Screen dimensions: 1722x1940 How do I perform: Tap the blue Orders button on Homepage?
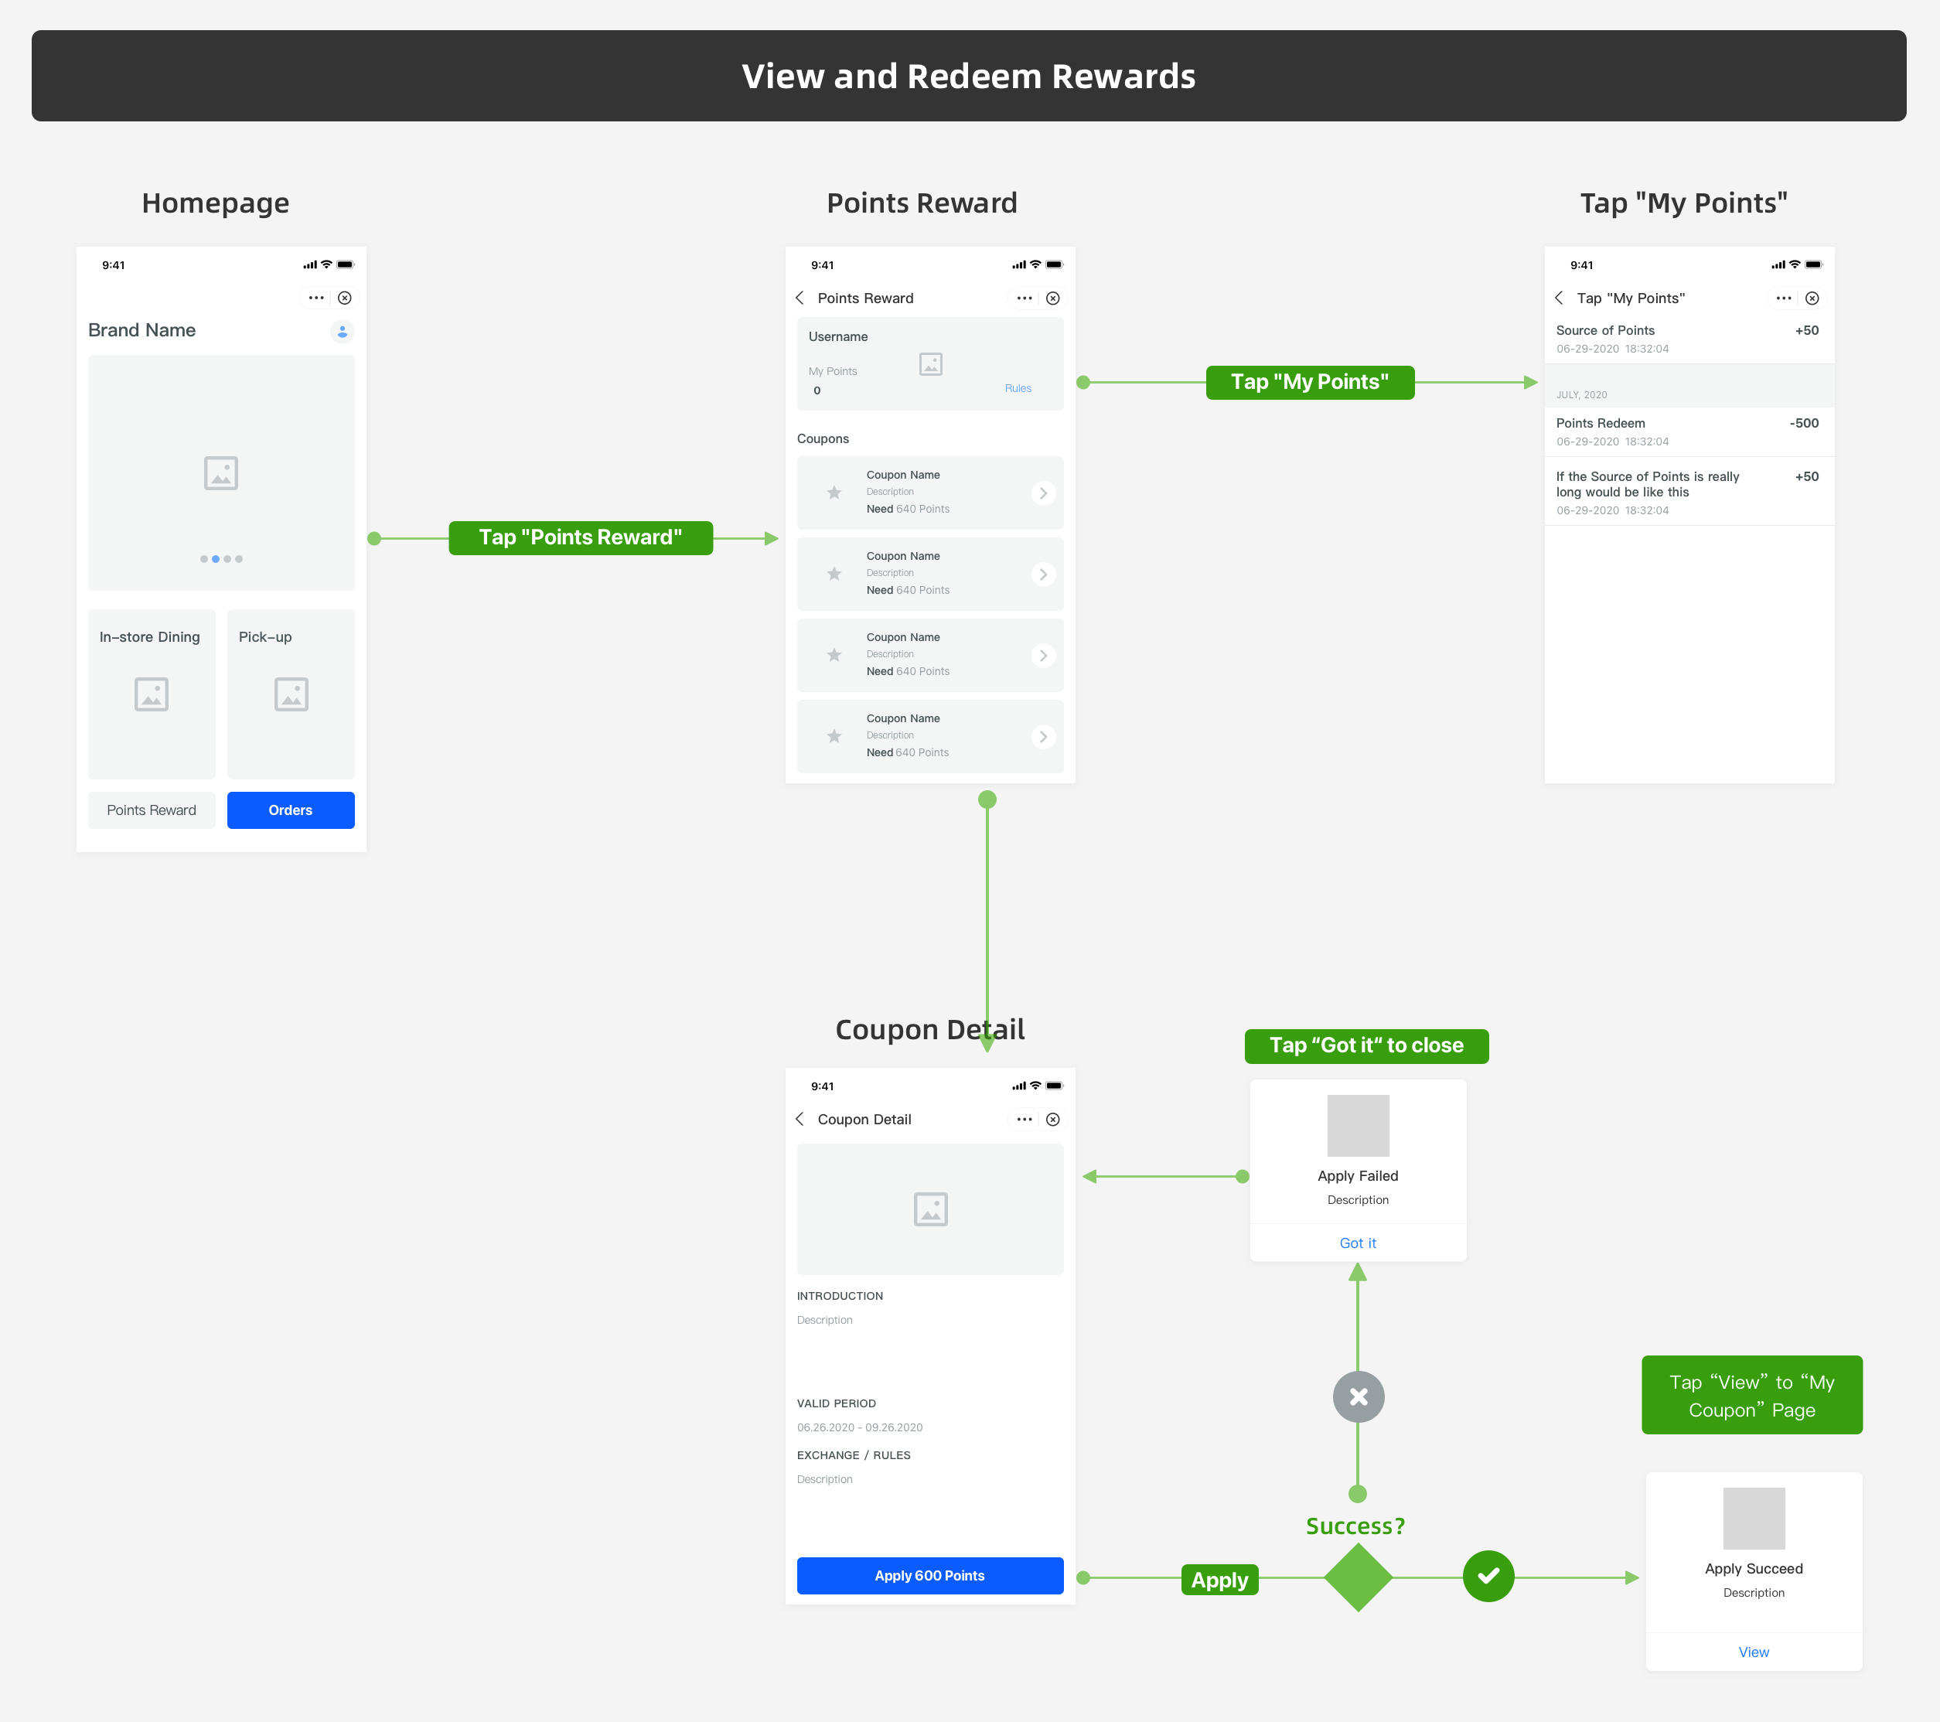tap(291, 810)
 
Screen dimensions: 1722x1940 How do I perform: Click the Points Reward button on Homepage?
tap(152, 810)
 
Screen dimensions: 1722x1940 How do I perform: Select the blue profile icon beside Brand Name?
tap(343, 331)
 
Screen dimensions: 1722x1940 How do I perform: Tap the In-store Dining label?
tap(150, 637)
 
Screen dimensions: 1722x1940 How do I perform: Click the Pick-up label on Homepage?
tap(266, 637)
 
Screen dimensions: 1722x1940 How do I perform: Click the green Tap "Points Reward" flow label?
tap(580, 537)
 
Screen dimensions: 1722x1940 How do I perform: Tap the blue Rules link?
tap(1018, 388)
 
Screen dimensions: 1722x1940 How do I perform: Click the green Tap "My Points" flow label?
tap(1310, 382)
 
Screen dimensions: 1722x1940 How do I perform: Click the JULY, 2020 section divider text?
tap(1581, 395)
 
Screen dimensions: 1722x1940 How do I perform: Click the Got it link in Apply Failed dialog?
tap(1357, 1243)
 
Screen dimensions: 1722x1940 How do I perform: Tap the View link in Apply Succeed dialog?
tap(1753, 1652)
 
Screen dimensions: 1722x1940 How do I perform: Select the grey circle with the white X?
tap(1359, 1396)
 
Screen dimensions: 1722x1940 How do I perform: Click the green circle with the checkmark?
tap(1488, 1576)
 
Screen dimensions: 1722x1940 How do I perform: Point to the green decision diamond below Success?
tap(1359, 1577)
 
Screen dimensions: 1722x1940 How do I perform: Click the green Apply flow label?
tap(1219, 1580)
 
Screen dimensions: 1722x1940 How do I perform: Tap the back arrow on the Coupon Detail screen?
tap(800, 1119)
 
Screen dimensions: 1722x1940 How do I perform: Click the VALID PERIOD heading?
tap(836, 1403)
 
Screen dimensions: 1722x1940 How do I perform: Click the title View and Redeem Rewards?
tap(968, 76)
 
